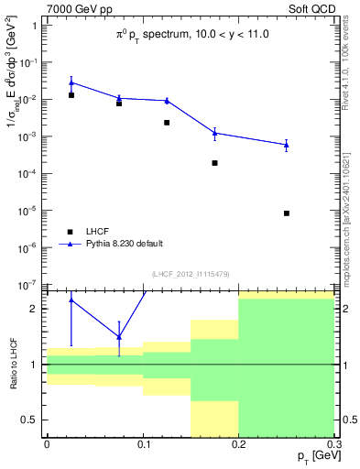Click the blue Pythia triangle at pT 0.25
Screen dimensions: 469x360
(x=287, y=145)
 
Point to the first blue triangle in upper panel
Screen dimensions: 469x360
(x=71, y=82)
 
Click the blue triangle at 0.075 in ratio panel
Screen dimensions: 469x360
(x=119, y=336)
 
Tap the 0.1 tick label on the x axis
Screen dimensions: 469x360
(x=143, y=444)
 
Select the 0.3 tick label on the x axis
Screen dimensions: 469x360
(x=334, y=444)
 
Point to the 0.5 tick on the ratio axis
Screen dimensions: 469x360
(x=32, y=420)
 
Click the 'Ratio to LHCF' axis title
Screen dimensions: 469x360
(x=12, y=365)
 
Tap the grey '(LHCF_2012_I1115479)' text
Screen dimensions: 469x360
(x=191, y=274)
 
